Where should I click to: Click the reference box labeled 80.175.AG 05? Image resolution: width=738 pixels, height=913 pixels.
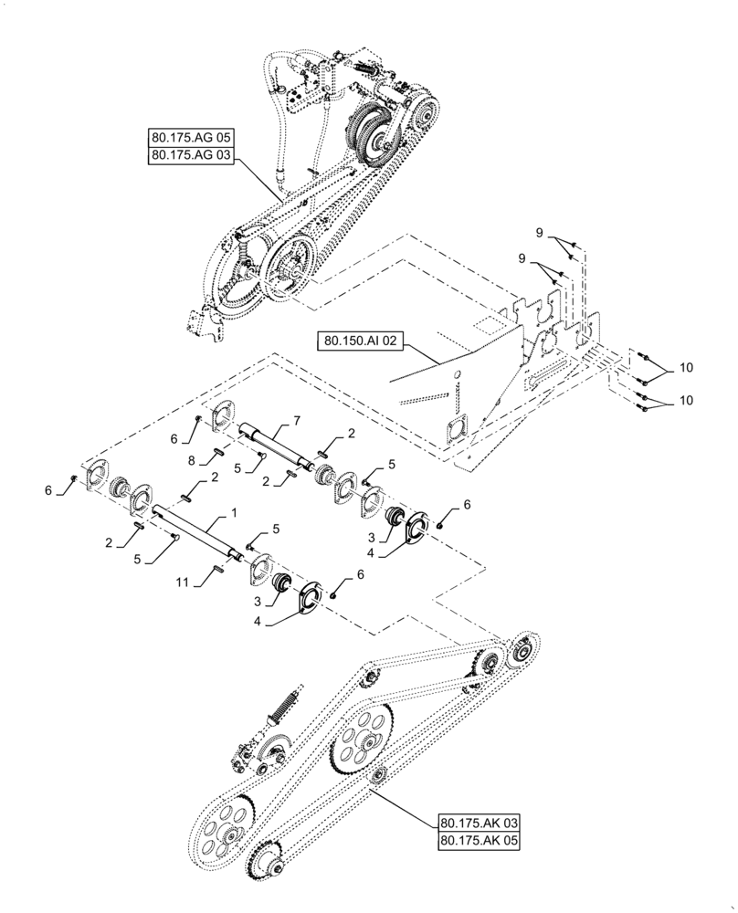tap(191, 138)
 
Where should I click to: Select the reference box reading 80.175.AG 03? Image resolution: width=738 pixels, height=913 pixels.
tap(191, 156)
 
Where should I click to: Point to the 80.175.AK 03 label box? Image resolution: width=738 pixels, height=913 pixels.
tap(479, 821)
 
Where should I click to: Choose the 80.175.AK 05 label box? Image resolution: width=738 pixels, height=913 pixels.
tap(479, 839)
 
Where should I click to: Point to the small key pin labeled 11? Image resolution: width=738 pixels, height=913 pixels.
tap(218, 570)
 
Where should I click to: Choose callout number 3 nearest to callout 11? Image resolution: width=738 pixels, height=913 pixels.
tap(258, 602)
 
